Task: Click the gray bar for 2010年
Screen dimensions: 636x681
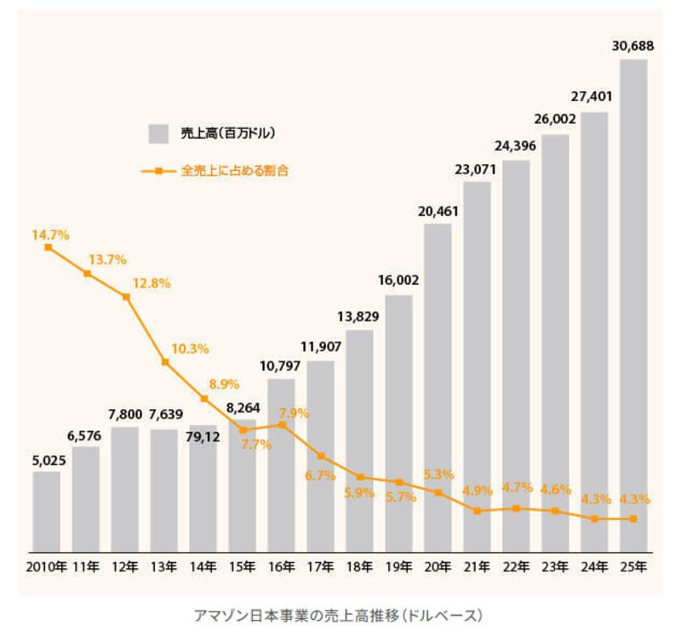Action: pyautogui.click(x=47, y=510)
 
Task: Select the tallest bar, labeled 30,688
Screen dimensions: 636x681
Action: pyautogui.click(x=632, y=306)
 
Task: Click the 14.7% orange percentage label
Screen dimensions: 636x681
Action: pyautogui.click(x=50, y=234)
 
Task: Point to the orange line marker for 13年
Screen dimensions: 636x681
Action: pyautogui.click(x=165, y=362)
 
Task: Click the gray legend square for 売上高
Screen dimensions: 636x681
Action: pyautogui.click(x=158, y=133)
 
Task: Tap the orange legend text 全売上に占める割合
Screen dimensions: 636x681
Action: pyautogui.click(x=235, y=171)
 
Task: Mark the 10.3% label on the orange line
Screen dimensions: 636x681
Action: pyautogui.click(x=191, y=348)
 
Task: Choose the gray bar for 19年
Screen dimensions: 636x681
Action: pyautogui.click(x=398, y=425)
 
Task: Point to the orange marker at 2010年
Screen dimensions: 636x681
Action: pyautogui.click(x=48, y=247)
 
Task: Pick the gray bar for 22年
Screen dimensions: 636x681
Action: pyautogui.click(x=516, y=357)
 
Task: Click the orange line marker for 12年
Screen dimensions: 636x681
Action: pyautogui.click(x=126, y=297)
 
